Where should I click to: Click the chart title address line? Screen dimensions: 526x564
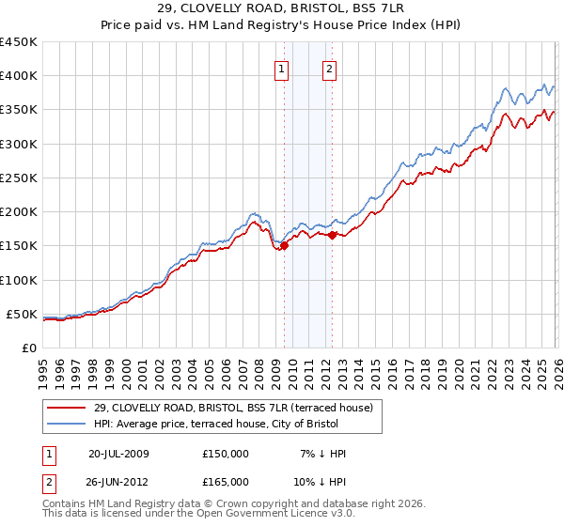click(x=282, y=8)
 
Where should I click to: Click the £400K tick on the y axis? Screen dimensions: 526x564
click(x=18, y=76)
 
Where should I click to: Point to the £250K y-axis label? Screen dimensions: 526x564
click(x=18, y=178)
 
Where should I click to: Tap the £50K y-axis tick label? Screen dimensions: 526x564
click(x=22, y=314)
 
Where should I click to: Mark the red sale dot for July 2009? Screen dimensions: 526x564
click(x=284, y=246)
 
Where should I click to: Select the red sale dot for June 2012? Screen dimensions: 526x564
click(x=332, y=236)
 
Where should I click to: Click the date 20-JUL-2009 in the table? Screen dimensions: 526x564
click(x=118, y=453)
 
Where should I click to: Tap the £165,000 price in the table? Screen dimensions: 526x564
click(x=226, y=480)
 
